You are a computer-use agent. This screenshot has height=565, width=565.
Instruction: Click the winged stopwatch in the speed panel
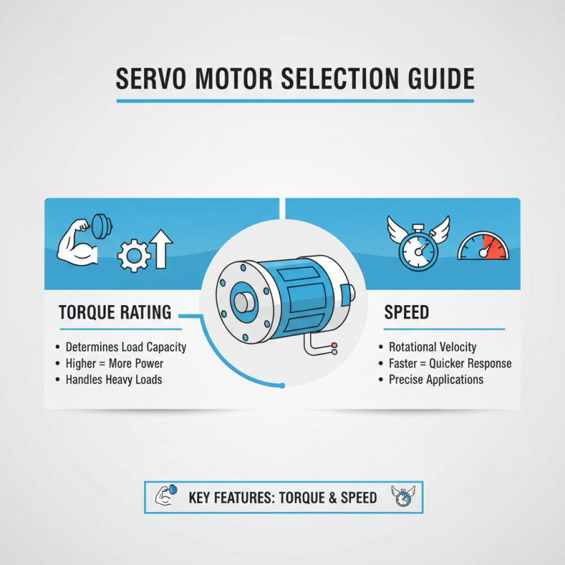[x=419, y=242]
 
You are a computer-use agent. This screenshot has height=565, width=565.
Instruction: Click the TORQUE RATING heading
[x=115, y=312]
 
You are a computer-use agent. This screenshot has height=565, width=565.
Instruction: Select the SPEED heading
[x=407, y=312]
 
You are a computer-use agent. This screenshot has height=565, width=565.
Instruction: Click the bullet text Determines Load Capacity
[x=126, y=347]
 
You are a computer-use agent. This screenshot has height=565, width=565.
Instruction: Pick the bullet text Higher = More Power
[x=114, y=364]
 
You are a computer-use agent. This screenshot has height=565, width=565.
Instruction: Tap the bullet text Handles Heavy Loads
[x=114, y=380]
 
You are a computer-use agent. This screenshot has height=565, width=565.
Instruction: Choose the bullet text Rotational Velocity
[x=432, y=347]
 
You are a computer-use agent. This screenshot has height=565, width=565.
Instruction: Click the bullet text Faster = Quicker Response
[x=450, y=364]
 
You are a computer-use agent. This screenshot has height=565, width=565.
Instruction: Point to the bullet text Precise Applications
[x=436, y=380]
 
